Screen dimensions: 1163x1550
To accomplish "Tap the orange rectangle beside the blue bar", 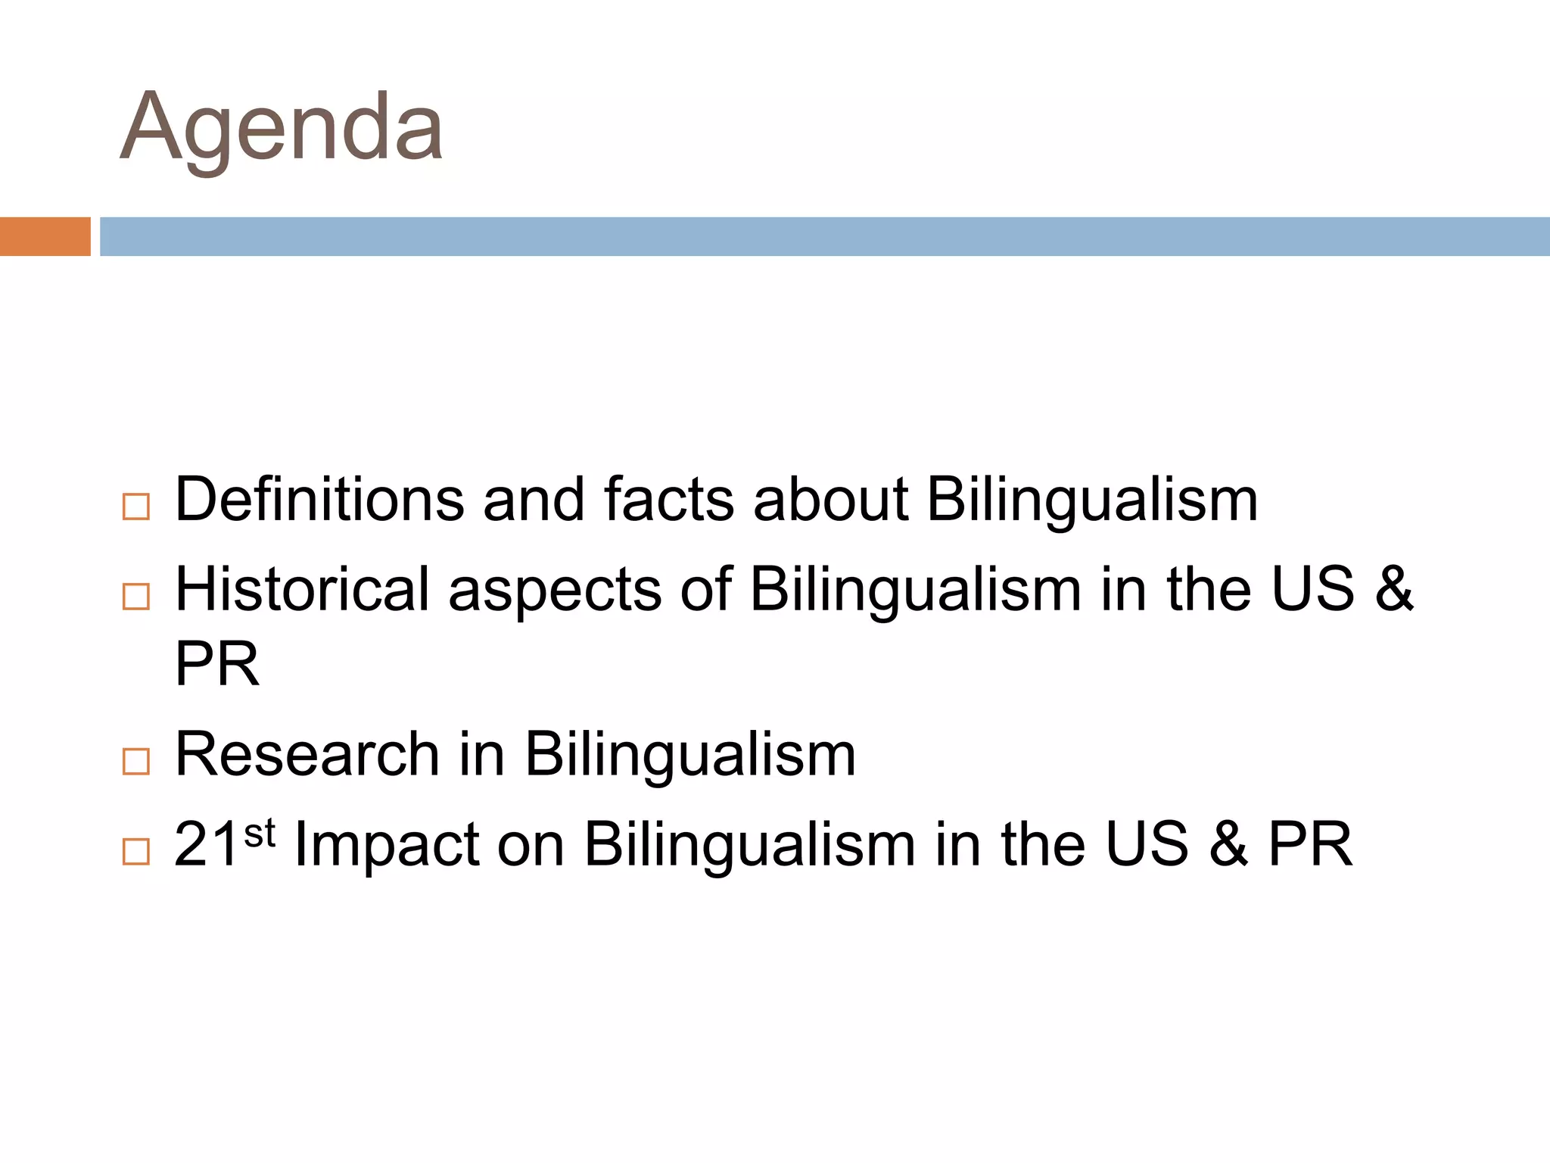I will tap(45, 236).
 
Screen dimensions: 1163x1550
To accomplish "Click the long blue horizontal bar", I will tap(824, 236).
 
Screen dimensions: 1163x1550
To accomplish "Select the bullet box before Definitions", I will tap(135, 507).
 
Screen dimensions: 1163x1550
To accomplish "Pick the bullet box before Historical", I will tap(135, 596).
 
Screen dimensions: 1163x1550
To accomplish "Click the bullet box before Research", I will tap(135, 761).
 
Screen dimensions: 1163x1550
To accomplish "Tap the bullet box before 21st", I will tap(135, 851).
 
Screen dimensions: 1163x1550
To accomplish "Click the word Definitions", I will tap(319, 500).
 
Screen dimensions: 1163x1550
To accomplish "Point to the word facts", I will tap(668, 500).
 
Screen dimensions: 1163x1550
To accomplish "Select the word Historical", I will tap(302, 589).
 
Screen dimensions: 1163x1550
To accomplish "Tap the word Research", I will tap(307, 754).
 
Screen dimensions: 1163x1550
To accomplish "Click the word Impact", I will tap(387, 845).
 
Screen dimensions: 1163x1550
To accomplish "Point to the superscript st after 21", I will tap(260, 833).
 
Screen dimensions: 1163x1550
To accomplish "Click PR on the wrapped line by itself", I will tap(217, 664).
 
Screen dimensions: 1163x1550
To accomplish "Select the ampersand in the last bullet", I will tap(1228, 844).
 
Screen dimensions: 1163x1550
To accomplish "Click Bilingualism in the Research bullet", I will tap(689, 755).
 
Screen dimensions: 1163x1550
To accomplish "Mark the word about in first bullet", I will tap(830, 500).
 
